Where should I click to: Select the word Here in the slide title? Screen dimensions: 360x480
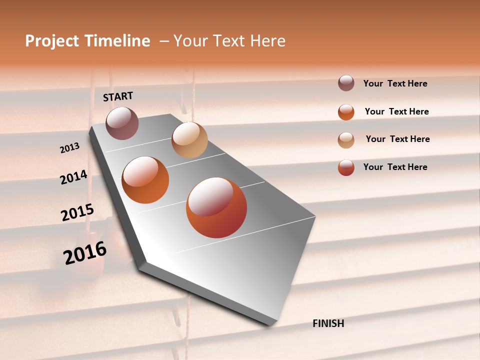(265, 41)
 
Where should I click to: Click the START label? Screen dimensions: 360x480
(118, 96)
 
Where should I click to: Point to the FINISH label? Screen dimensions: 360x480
(328, 323)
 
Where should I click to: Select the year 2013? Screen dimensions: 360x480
(69, 147)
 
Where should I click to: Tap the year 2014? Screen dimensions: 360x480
(73, 177)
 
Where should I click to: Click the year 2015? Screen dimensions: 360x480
(77, 212)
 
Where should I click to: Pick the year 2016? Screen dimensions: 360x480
(85, 253)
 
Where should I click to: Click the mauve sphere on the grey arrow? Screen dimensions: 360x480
(122, 123)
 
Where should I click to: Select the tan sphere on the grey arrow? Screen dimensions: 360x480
(189, 140)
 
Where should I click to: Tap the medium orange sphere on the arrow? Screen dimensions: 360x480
(145, 180)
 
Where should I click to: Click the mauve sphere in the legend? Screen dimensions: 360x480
(346, 83)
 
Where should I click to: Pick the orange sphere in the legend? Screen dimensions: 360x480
(346, 112)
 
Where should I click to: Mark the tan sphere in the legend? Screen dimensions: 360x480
(346, 140)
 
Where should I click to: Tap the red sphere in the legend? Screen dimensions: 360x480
(346, 167)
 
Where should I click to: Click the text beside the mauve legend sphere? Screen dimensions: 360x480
(395, 83)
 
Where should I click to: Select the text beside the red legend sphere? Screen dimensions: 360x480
(395, 167)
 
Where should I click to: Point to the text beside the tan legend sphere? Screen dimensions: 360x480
(397, 139)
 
